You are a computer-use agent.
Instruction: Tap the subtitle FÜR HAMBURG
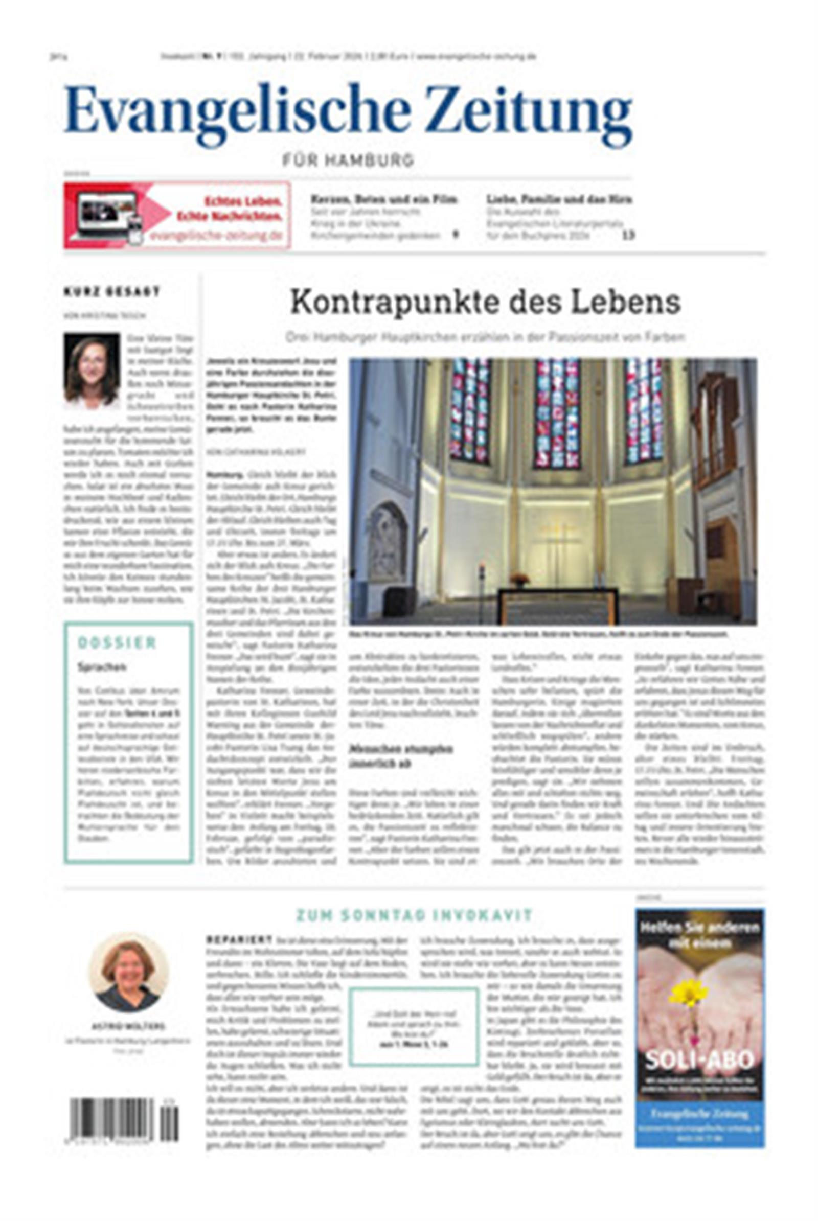[348, 160]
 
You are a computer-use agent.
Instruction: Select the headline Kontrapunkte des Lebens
[485, 302]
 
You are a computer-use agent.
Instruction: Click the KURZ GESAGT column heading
[111, 291]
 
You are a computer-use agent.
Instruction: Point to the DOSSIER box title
[117, 642]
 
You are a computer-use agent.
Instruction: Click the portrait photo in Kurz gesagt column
[92, 371]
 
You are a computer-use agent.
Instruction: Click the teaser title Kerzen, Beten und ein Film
[384, 199]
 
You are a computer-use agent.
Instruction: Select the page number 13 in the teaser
[628, 235]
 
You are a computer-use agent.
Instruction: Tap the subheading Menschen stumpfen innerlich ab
[400, 756]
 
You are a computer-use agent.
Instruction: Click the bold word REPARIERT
[239, 939]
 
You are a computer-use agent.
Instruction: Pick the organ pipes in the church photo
[715, 428]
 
